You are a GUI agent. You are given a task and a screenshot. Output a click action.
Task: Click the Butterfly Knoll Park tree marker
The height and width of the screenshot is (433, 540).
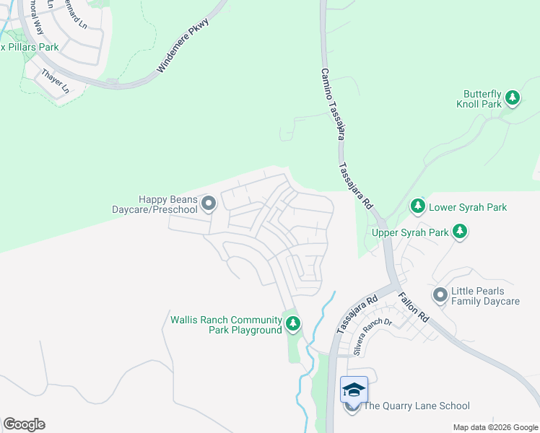tap(512, 97)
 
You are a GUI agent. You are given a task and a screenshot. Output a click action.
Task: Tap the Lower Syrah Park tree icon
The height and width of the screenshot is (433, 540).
tap(417, 207)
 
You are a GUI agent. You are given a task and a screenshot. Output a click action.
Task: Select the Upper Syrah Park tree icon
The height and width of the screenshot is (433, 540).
tap(460, 232)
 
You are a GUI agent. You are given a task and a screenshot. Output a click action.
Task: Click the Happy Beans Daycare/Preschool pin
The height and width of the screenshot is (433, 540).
tap(209, 204)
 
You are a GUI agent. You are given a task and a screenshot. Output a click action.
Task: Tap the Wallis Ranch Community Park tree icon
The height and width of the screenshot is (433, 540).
tap(292, 324)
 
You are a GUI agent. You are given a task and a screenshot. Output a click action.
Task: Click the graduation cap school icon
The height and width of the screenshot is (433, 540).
tap(354, 390)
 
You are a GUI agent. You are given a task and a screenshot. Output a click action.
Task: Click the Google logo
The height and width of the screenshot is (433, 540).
tap(24, 424)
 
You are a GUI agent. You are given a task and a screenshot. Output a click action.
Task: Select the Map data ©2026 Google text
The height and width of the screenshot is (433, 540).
tap(495, 427)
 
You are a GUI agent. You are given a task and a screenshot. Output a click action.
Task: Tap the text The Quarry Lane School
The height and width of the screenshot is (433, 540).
tap(416, 406)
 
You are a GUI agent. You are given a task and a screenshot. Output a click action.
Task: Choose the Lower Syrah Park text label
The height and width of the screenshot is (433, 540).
tap(468, 207)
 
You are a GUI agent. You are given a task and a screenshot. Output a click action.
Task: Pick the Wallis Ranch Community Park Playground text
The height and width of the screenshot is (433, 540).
tap(225, 325)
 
